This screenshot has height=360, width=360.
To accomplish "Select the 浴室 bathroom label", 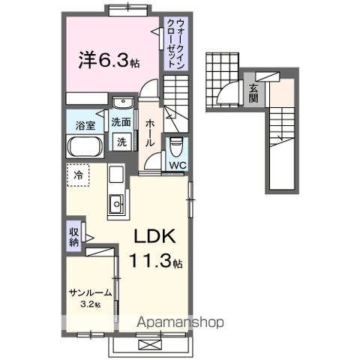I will (x=85, y=125).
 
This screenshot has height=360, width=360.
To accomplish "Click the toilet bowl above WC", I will (x=177, y=144).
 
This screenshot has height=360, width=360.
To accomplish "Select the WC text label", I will (x=178, y=165).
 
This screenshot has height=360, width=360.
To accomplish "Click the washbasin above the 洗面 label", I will (x=121, y=103).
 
